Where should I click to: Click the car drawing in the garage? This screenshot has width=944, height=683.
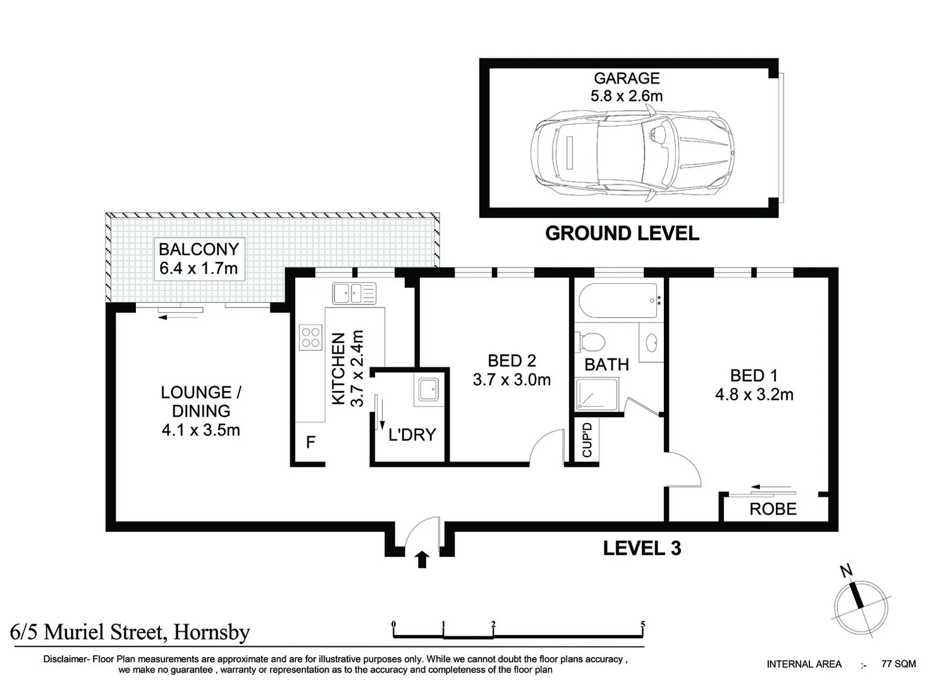pyautogui.click(x=632, y=152)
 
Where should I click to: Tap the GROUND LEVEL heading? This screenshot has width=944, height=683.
pyautogui.click(x=622, y=233)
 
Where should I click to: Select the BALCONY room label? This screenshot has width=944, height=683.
pyautogui.click(x=199, y=249)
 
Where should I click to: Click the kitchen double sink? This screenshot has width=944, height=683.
pyautogui.click(x=354, y=293)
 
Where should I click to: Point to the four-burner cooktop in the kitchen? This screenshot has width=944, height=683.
pyautogui.click(x=310, y=337)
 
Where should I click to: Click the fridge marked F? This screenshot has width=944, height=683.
pyautogui.click(x=310, y=442)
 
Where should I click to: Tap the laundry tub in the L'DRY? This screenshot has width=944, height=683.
pyautogui.click(x=429, y=389)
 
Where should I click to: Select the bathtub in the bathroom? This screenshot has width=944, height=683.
pyautogui.click(x=618, y=300)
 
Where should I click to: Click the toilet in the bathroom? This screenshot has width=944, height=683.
pyautogui.click(x=591, y=341)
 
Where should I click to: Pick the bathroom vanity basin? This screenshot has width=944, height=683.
pyautogui.click(x=651, y=342)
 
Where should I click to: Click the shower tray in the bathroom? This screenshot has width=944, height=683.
pyautogui.click(x=597, y=394)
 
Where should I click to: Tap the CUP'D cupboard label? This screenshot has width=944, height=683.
pyautogui.click(x=587, y=440)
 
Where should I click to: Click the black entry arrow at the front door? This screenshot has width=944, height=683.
pyautogui.click(x=422, y=560)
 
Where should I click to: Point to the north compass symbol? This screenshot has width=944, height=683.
pyautogui.click(x=861, y=608)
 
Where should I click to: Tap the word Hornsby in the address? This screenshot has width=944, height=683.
pyautogui.click(x=212, y=632)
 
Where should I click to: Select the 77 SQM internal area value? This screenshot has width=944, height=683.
pyautogui.click(x=898, y=664)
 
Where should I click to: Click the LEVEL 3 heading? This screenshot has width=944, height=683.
pyautogui.click(x=642, y=548)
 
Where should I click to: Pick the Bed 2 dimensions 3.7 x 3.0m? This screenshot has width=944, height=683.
pyautogui.click(x=512, y=380)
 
